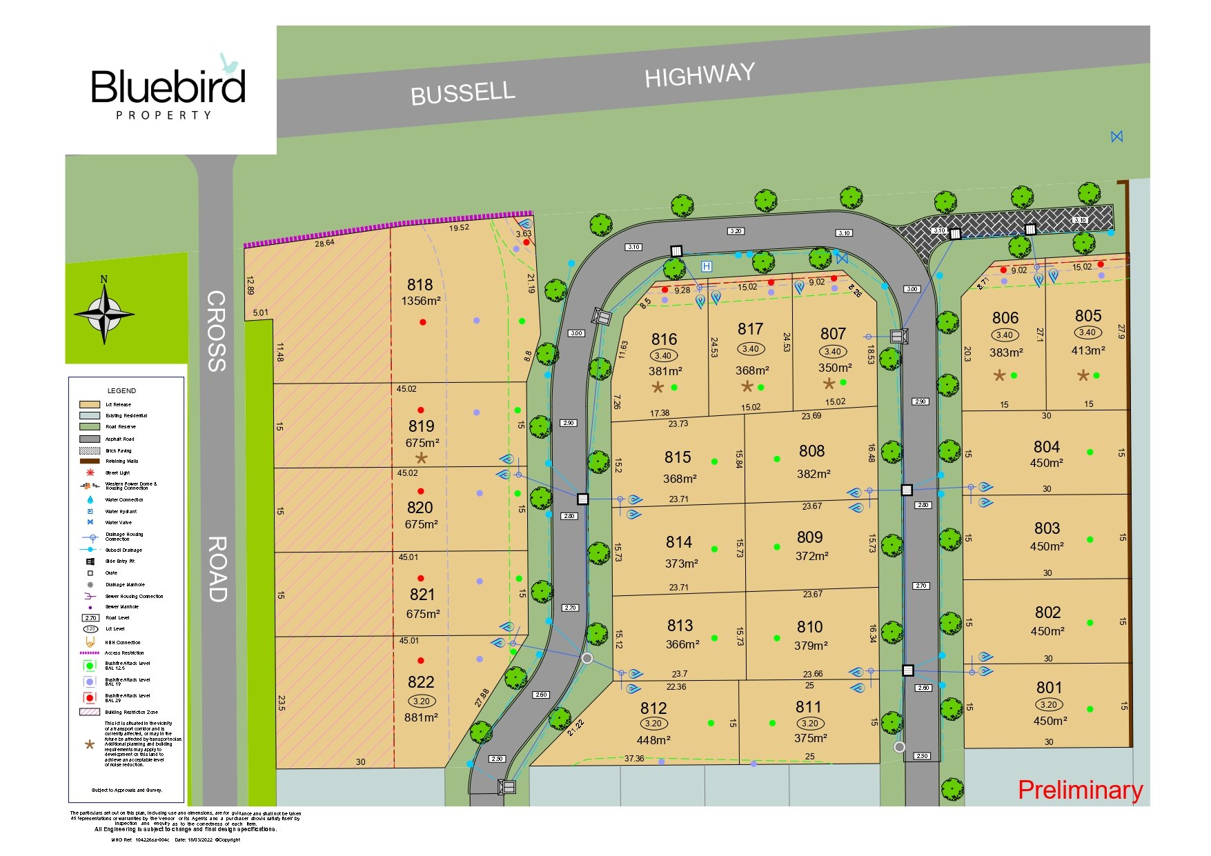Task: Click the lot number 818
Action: (420, 285)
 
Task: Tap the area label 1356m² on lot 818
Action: (420, 301)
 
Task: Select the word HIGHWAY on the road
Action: (700, 75)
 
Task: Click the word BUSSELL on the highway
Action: (462, 93)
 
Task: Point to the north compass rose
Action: (104, 312)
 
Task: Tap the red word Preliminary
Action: (1080, 790)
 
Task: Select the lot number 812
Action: (653, 708)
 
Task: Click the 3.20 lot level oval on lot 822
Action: (421, 701)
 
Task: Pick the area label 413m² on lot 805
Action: (1087, 351)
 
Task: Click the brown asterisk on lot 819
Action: (421, 459)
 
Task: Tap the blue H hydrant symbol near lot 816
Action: (706, 266)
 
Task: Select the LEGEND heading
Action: (121, 391)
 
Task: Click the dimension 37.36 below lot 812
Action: (633, 759)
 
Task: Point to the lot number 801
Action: (1049, 688)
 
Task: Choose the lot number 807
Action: (833, 334)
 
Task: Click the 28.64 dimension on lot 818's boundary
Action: (324, 243)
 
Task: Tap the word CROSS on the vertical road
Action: (217, 330)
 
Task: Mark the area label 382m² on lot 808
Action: (813, 474)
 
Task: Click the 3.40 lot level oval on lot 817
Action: (750, 349)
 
